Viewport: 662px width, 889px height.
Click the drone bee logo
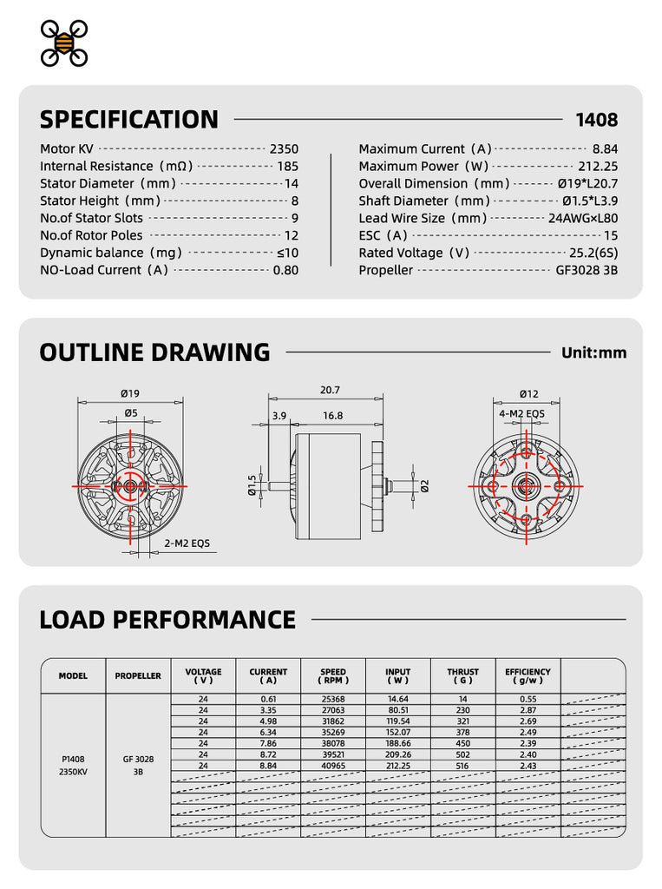64,43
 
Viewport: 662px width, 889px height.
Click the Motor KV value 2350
284,149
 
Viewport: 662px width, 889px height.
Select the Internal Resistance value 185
287,167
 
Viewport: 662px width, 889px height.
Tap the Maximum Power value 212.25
598,167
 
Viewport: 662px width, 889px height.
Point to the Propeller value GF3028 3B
587,271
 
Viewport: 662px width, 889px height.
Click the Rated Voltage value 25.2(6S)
593,253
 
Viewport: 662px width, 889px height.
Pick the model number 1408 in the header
597,120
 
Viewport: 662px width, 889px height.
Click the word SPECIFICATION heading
129,120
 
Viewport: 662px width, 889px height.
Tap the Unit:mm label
594,352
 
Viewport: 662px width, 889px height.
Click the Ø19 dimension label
130,393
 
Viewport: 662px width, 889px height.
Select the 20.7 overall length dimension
330,390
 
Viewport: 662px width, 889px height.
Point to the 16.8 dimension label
332,416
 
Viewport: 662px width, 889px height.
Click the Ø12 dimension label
528,394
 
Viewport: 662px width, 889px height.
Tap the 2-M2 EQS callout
187,543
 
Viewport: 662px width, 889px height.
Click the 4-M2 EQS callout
521,414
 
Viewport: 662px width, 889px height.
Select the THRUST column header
463,675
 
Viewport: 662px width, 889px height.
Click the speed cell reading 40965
333,766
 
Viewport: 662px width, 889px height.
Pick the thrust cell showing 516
462,766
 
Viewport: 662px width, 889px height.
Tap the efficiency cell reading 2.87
528,710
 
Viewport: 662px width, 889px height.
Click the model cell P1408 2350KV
73,766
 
